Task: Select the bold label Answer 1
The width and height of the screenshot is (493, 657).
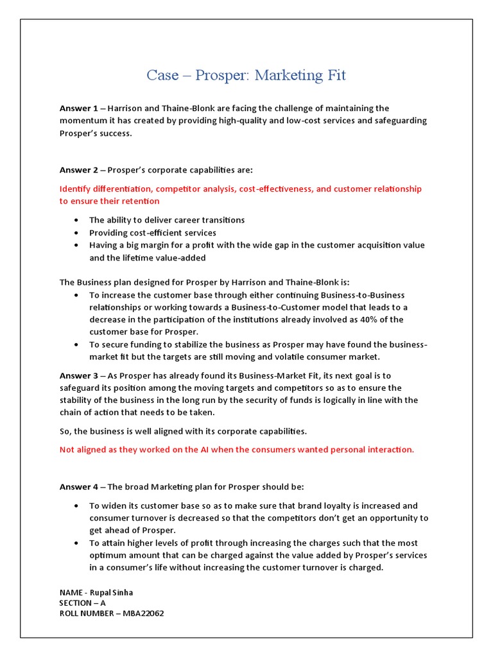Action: [x=79, y=108]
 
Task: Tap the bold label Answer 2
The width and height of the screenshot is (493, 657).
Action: [x=79, y=170]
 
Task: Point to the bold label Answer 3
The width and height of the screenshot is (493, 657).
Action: [x=79, y=375]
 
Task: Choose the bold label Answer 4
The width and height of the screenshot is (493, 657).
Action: [x=79, y=487]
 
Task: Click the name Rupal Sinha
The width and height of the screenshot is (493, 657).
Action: [x=120, y=592]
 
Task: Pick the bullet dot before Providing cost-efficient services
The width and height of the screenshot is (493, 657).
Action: [x=76, y=233]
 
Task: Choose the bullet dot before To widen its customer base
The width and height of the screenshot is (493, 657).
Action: [x=76, y=506]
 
